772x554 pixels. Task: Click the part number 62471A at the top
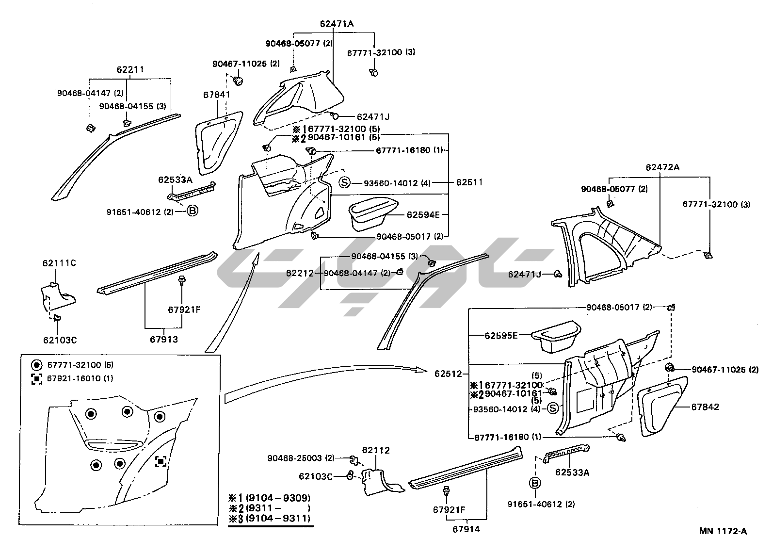tap(337, 23)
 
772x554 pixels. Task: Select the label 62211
tap(130, 70)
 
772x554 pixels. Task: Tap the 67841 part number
tap(216, 95)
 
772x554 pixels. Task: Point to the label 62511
tap(469, 183)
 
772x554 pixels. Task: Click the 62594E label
tap(423, 214)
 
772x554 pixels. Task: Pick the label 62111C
tap(59, 263)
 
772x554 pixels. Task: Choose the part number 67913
tap(163, 340)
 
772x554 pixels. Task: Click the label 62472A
tap(662, 167)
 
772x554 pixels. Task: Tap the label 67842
tap(705, 407)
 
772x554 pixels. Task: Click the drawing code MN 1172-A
tap(723, 531)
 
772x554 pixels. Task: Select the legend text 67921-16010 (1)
tap(80, 378)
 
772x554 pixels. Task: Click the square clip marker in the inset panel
tap(161, 461)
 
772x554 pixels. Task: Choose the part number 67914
tap(466, 529)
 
